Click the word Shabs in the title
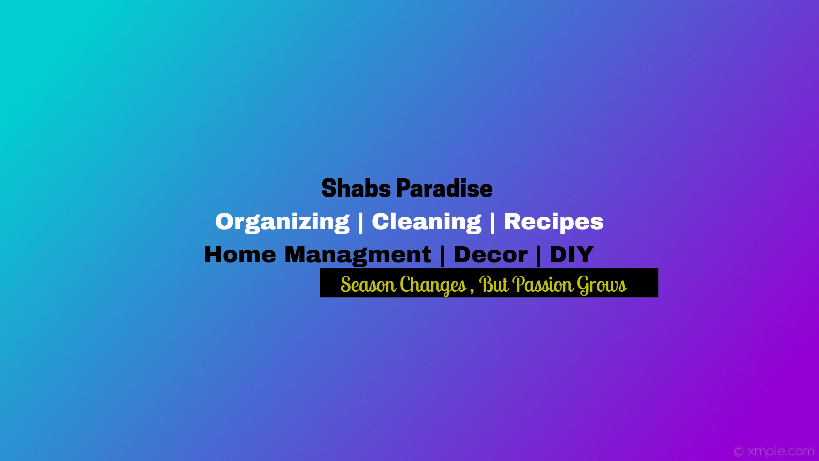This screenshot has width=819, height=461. (x=356, y=188)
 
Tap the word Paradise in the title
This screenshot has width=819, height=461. (x=445, y=188)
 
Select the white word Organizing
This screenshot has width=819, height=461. (x=282, y=222)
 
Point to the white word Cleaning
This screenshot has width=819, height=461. (x=426, y=222)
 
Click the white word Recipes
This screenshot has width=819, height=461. (x=554, y=222)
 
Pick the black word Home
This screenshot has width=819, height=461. (x=240, y=255)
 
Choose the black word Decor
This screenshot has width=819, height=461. (x=491, y=255)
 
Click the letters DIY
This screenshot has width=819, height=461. (x=572, y=255)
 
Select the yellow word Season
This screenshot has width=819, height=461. (x=368, y=284)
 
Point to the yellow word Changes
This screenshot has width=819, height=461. (x=433, y=285)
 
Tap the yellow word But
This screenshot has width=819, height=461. (x=494, y=284)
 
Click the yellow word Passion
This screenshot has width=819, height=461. (x=543, y=284)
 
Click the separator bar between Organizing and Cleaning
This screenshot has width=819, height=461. (x=361, y=223)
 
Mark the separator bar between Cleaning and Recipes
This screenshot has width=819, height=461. (x=493, y=223)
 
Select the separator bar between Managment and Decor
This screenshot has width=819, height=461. (x=443, y=256)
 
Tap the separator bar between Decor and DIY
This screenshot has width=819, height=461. (x=539, y=256)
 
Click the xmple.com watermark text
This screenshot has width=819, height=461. (x=781, y=451)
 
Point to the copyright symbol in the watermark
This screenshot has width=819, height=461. (x=739, y=452)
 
